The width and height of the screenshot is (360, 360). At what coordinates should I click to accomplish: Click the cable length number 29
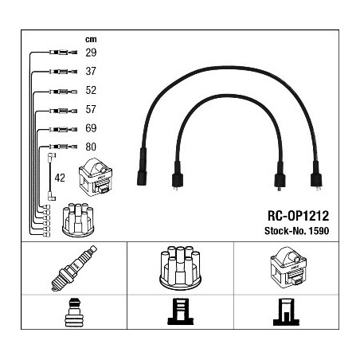click(x=91, y=53)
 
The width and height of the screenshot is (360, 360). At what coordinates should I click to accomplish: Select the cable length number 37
click(x=91, y=71)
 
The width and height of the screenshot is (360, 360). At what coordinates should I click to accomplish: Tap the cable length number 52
click(x=91, y=90)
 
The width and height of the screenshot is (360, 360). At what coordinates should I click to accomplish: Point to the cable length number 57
click(x=91, y=109)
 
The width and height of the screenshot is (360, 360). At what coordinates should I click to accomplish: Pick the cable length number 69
click(x=91, y=128)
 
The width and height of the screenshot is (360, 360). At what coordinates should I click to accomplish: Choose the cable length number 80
click(x=91, y=147)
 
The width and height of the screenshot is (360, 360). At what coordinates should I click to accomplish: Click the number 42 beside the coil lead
click(x=60, y=178)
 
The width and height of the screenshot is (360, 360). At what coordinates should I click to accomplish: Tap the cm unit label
click(x=91, y=39)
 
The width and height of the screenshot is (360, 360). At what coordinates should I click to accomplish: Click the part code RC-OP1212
click(x=298, y=216)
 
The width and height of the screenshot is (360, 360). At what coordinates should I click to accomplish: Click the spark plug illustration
click(x=74, y=268)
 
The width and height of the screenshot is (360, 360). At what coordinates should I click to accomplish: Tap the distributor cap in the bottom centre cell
click(x=180, y=268)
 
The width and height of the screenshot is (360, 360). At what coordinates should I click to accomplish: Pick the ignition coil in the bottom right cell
click(x=288, y=268)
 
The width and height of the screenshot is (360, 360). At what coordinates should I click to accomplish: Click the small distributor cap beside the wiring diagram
click(x=78, y=220)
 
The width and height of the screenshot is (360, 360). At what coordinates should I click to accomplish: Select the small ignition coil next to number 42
click(x=96, y=177)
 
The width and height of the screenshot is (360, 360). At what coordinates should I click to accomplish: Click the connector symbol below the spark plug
click(x=74, y=312)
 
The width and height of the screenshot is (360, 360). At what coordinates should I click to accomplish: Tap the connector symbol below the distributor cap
click(x=181, y=311)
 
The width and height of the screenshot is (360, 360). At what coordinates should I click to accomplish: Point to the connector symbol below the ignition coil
click(x=286, y=312)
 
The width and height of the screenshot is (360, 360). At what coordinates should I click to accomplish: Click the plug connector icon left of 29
click(x=63, y=53)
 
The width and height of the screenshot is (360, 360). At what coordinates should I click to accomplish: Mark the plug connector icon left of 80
click(x=63, y=147)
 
